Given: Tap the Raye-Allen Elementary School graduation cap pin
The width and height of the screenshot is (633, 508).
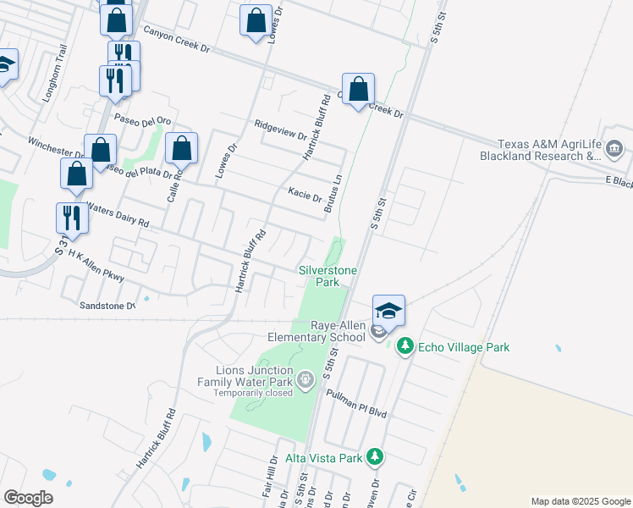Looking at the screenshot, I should click(388, 310).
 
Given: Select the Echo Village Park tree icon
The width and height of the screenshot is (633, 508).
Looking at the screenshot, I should click(405, 346).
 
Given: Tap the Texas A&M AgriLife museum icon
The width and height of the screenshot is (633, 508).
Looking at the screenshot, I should click(614, 150).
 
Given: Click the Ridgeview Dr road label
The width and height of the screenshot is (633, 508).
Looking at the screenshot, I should click(280, 128).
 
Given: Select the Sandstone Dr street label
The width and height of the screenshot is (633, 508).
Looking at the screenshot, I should click(107, 305).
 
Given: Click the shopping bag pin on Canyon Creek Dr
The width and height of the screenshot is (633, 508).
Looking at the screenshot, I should click(358, 89).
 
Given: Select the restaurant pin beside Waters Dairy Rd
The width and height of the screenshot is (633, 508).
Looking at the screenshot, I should click(72, 218).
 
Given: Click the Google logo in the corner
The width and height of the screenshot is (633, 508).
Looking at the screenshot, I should click(29, 498).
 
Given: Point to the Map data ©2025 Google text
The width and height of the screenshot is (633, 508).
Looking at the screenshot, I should click(580, 501).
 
